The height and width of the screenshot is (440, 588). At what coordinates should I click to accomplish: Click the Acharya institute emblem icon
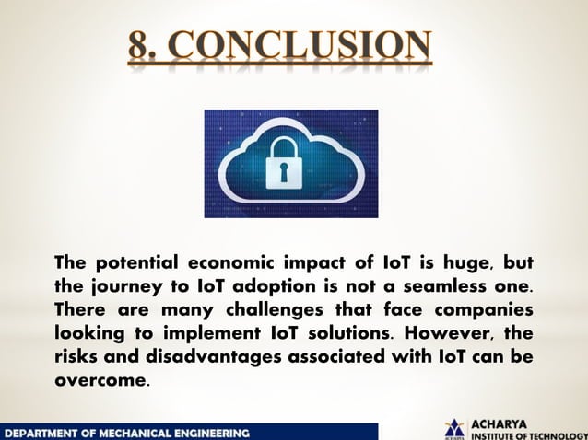click(x=454, y=429)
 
